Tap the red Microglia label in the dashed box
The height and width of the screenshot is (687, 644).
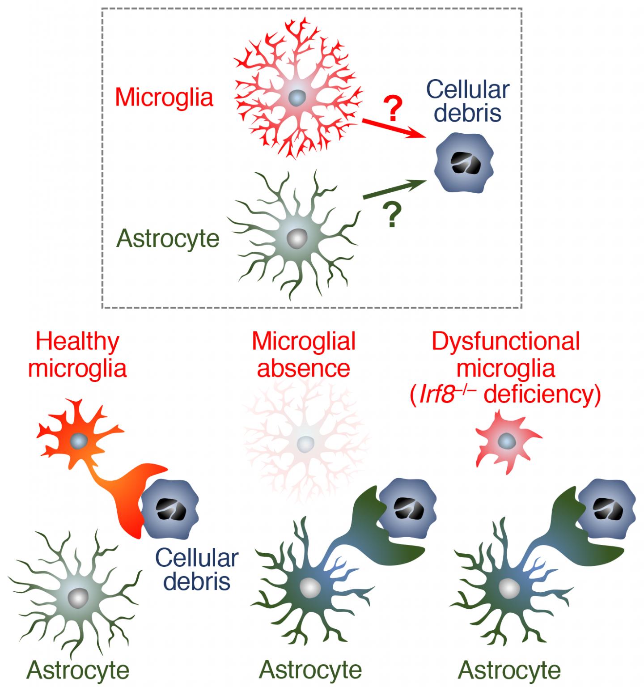tap(164, 98)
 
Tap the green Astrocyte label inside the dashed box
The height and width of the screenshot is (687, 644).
tap(168, 238)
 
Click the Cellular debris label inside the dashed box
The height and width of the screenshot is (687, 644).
tap(467, 101)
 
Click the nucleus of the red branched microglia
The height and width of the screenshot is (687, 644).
tap(295, 97)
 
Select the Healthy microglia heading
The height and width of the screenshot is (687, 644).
tap(77, 356)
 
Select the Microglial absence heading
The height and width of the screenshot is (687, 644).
tap(303, 356)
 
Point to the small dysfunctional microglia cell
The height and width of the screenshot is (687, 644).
tap(507, 442)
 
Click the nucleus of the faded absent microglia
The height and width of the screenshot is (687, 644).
tap(305, 443)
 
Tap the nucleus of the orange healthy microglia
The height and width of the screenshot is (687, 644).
tap(79, 441)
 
